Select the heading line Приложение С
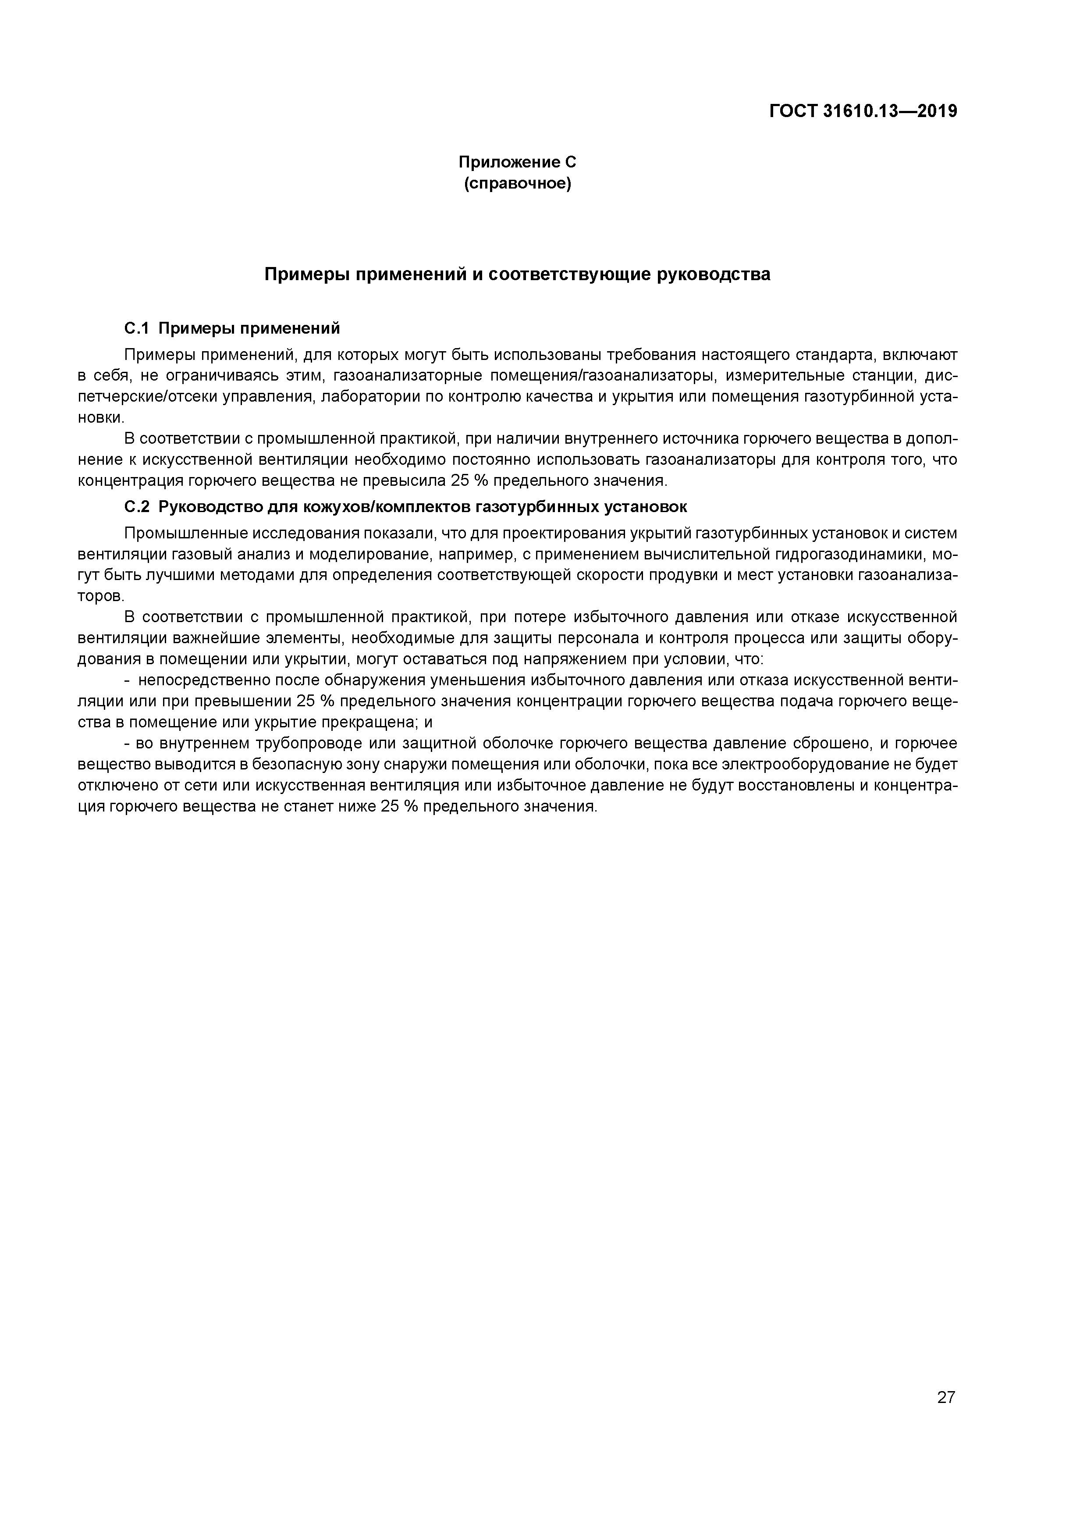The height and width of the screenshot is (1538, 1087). [517, 162]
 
